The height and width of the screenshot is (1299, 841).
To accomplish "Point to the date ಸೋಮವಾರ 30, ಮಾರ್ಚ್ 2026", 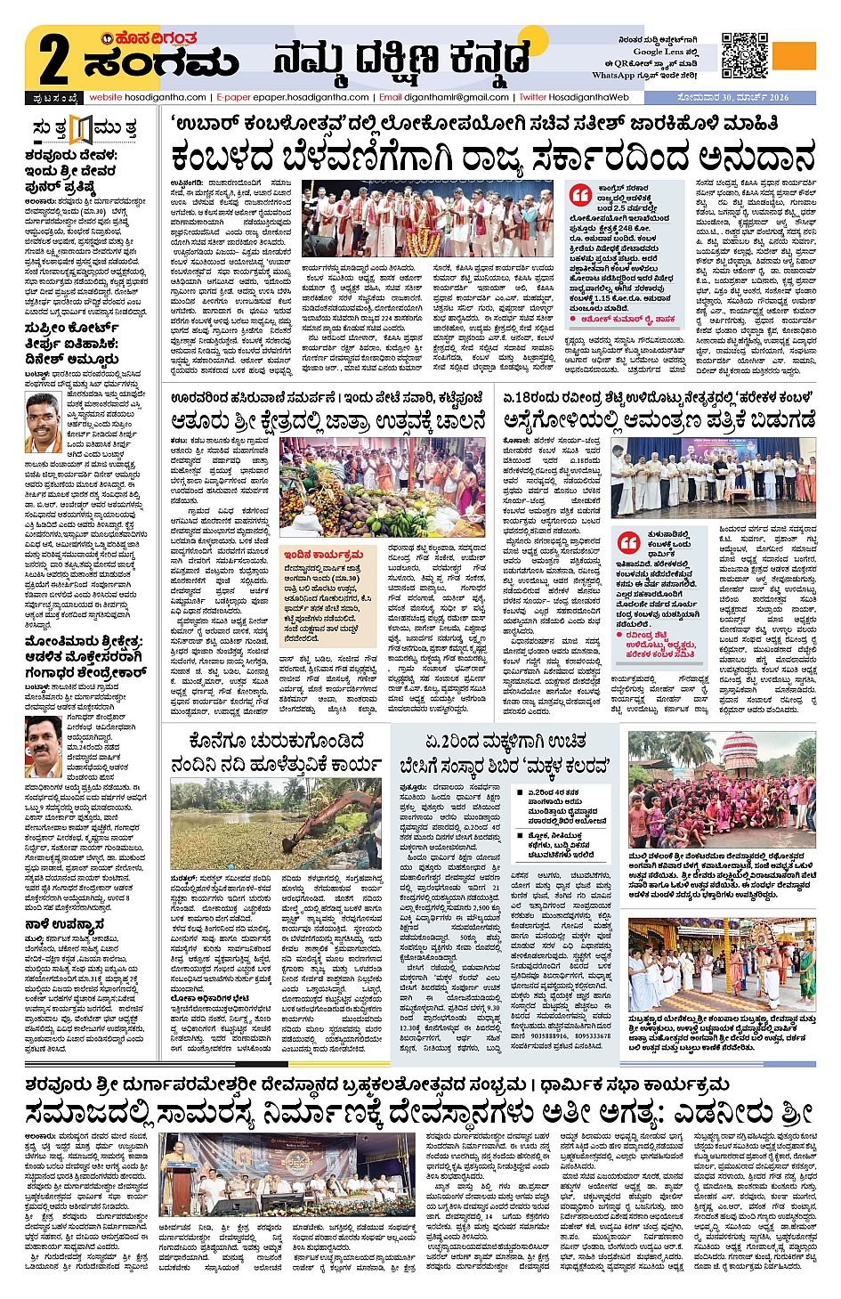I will pyautogui.click(x=732, y=97).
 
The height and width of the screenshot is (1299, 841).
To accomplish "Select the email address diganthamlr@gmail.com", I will pyautogui.click(x=455, y=97).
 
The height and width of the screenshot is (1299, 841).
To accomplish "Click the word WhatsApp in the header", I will pyautogui.click(x=613, y=76).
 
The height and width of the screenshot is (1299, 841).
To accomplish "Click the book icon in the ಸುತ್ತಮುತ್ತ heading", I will pyautogui.click(x=81, y=129).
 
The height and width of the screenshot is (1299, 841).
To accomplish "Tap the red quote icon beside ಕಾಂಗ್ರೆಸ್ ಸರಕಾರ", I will pyautogui.click(x=580, y=194).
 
